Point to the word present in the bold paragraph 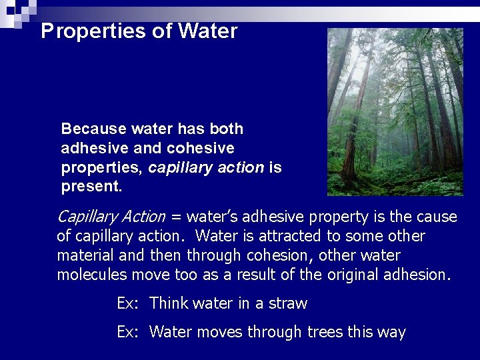89,187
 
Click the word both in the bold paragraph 227,129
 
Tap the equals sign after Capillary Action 176,217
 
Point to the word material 83,256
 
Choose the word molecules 89,275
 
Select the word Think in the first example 169,304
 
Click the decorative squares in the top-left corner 17,11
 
